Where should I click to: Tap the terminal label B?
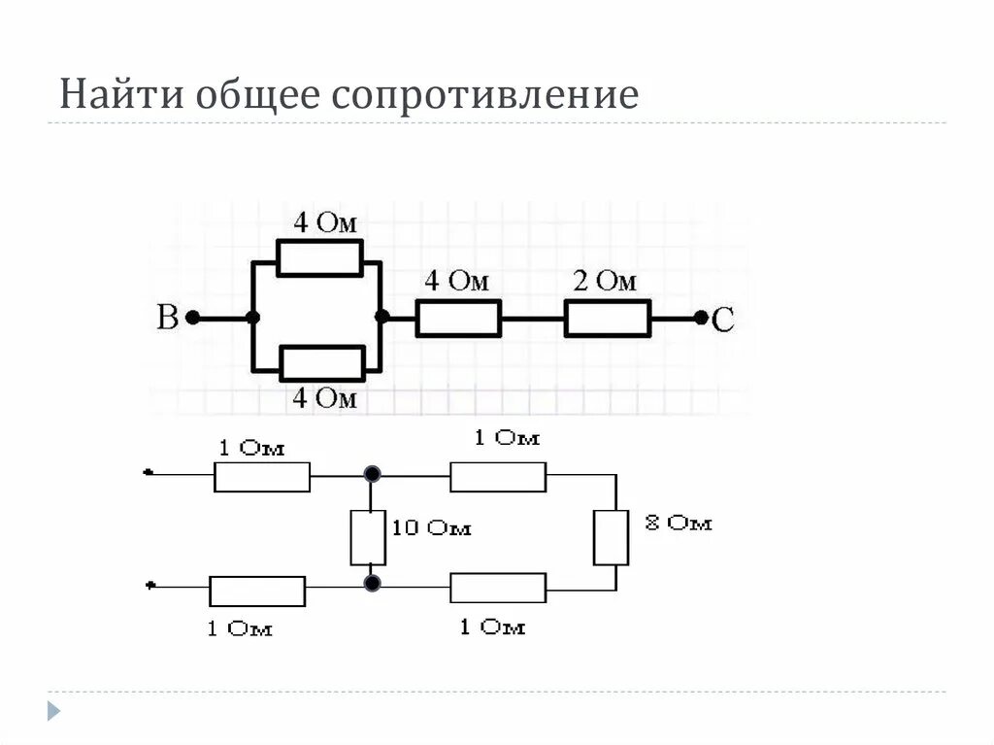(168, 318)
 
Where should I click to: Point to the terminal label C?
(723, 320)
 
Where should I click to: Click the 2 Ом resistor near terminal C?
(608, 318)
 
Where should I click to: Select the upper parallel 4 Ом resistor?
(319, 258)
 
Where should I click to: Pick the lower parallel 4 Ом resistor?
(322, 363)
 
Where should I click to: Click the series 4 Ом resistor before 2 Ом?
(458, 318)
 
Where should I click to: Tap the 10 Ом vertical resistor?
(369, 537)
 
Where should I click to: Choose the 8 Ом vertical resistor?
(611, 537)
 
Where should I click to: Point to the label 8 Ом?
(679, 523)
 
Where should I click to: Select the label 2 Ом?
(605, 282)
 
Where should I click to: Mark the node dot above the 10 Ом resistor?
(371, 474)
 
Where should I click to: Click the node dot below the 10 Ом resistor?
(371, 584)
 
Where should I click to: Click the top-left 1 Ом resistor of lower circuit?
(262, 477)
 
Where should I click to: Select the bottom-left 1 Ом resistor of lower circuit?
(257, 591)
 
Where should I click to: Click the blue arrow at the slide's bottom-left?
(55, 710)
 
